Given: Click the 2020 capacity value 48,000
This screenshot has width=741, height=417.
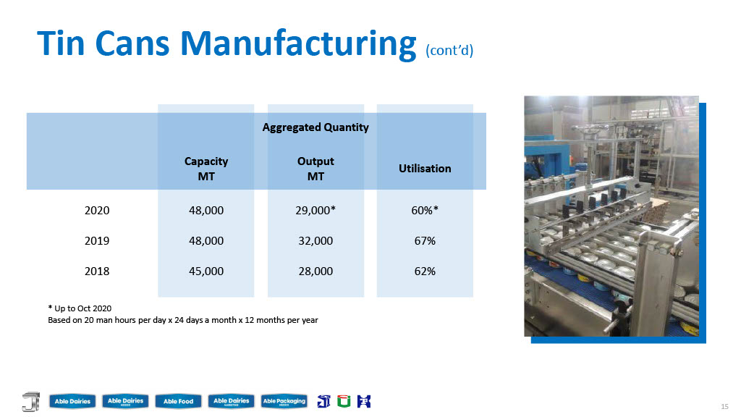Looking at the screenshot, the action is coord(206,211).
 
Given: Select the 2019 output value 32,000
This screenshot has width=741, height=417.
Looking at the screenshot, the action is coord(316,240).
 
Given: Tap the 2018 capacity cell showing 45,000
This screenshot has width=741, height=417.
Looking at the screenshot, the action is coord(206,271).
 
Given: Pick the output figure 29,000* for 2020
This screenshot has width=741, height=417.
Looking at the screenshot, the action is coord(316,211).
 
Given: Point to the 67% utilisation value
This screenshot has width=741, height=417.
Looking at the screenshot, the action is coord(425,240).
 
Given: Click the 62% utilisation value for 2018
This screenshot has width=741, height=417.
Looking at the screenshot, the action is coord(425,271).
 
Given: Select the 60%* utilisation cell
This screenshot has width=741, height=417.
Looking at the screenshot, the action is coord(425,211).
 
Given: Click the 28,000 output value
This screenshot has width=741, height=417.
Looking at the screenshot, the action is coord(316,271).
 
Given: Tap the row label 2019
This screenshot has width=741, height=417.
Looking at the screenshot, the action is coord(97,240).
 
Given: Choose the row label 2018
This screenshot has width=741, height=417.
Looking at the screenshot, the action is coord(97,271).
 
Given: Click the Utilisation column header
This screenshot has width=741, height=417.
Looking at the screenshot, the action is coord(425,168).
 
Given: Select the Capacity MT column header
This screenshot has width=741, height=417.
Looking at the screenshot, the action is coord(206,169).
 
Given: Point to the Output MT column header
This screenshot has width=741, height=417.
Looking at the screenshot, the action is coord(316,169).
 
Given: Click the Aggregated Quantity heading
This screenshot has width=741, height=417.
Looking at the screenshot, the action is coord(316,127).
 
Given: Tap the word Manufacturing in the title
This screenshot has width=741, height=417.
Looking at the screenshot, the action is coord(298,44).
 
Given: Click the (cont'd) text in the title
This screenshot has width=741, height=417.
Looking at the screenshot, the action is coord(449,50).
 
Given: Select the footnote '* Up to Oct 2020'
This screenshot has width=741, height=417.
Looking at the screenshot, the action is coord(80,308).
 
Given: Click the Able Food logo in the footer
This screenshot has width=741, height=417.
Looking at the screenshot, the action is coord(178,401).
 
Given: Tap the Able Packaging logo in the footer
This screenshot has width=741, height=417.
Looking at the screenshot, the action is coord(284,401).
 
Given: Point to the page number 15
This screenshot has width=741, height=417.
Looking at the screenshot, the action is coord(724,406).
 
